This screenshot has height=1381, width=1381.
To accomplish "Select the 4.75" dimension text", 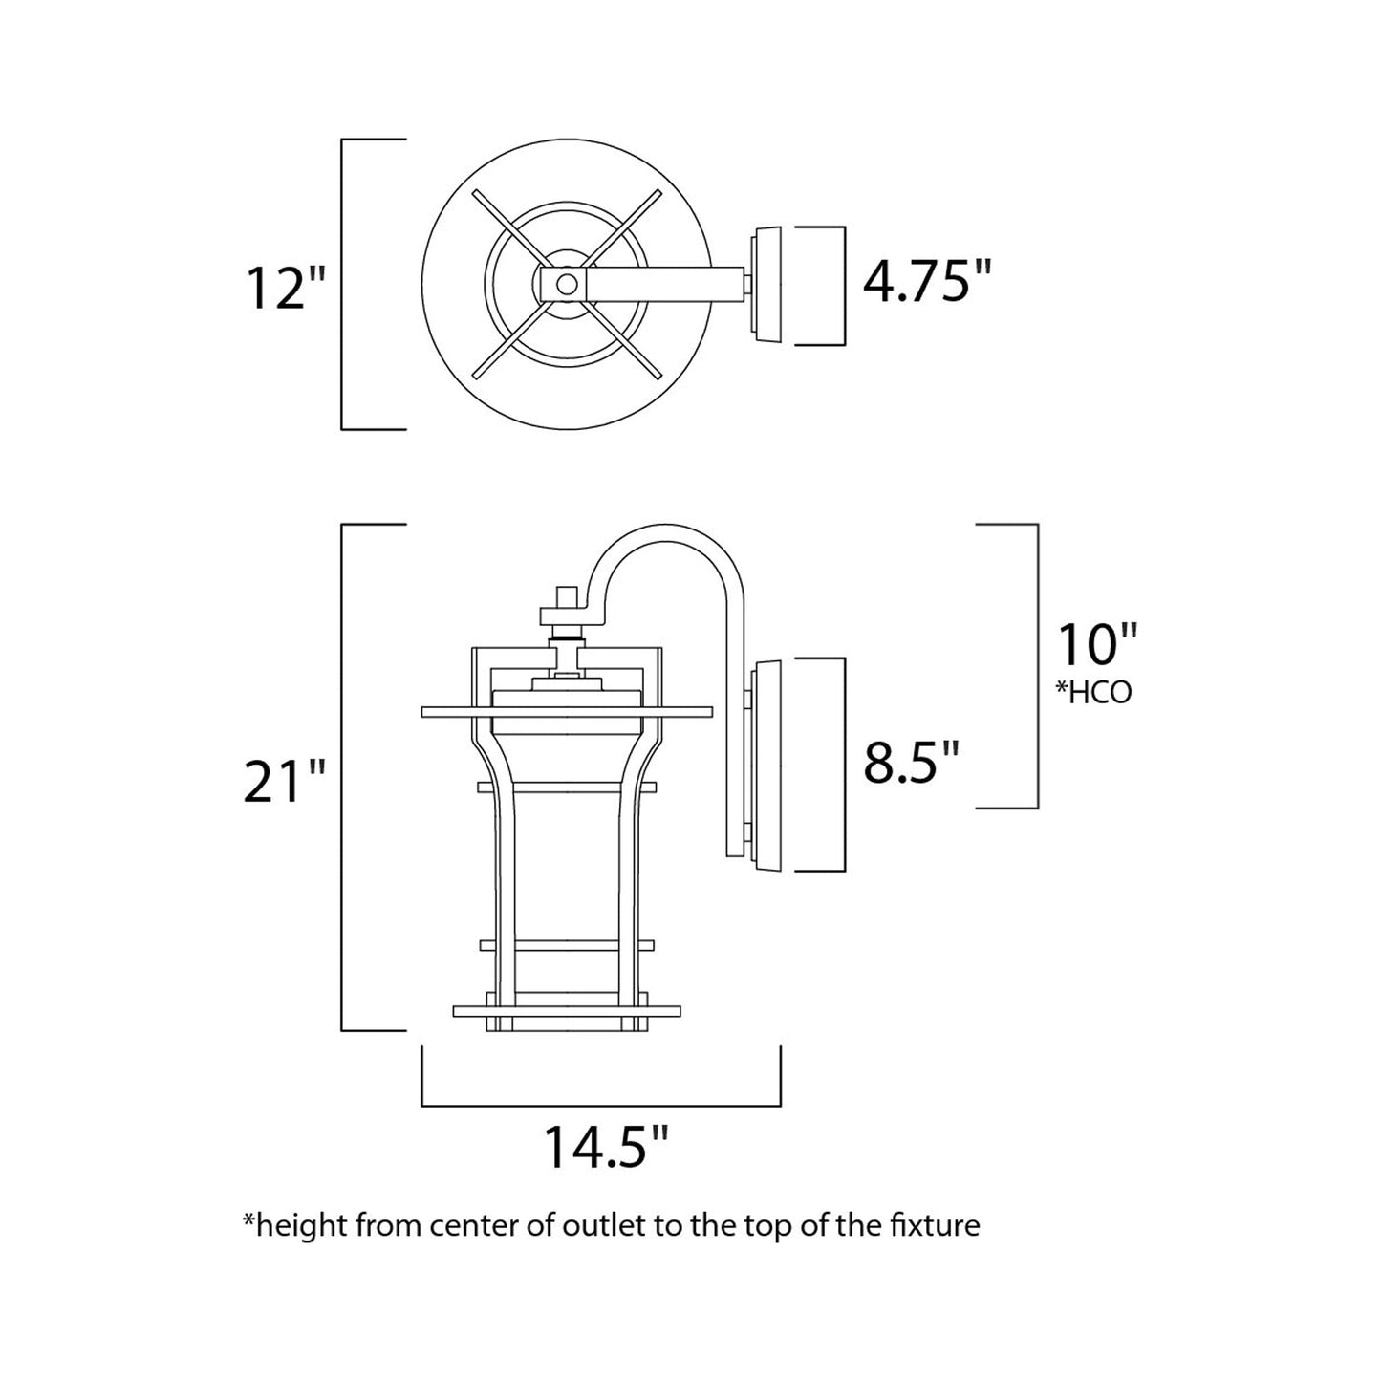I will (x=927, y=282).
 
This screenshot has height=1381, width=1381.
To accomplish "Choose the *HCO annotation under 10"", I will (x=1093, y=693).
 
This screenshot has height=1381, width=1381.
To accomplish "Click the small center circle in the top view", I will (x=567, y=284).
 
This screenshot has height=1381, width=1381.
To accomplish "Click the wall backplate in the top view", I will (x=768, y=284).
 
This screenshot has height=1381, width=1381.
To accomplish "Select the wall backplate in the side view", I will (x=768, y=765).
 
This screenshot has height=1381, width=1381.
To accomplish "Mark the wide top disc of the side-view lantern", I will (x=567, y=712).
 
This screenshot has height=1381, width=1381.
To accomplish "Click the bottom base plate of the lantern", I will (x=567, y=1010).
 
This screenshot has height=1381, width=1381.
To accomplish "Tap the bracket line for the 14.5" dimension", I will (x=602, y=1106).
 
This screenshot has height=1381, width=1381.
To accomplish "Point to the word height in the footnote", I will (x=295, y=1225).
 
